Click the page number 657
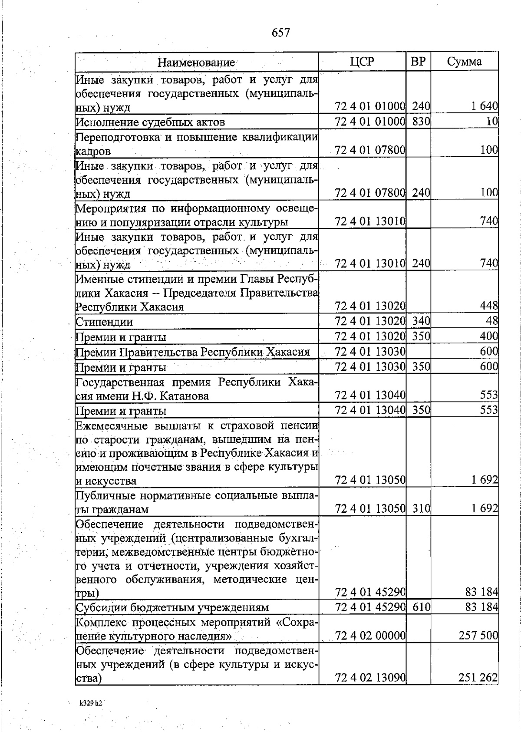(x=280, y=33)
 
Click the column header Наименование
(x=196, y=62)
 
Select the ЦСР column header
(x=362, y=62)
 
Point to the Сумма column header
(x=464, y=62)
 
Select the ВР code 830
(x=420, y=122)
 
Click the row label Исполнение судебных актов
(x=150, y=122)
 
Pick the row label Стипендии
(x=104, y=322)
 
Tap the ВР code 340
(x=420, y=321)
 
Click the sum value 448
(x=489, y=306)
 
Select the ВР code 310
(x=420, y=508)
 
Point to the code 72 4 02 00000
(x=370, y=636)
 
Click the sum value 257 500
(x=478, y=636)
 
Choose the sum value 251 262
(x=478, y=678)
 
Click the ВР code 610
(x=420, y=607)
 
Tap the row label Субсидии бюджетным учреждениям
(x=172, y=608)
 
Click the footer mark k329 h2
(x=90, y=703)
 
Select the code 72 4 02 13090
(x=370, y=678)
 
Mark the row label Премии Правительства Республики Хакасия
(x=193, y=352)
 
